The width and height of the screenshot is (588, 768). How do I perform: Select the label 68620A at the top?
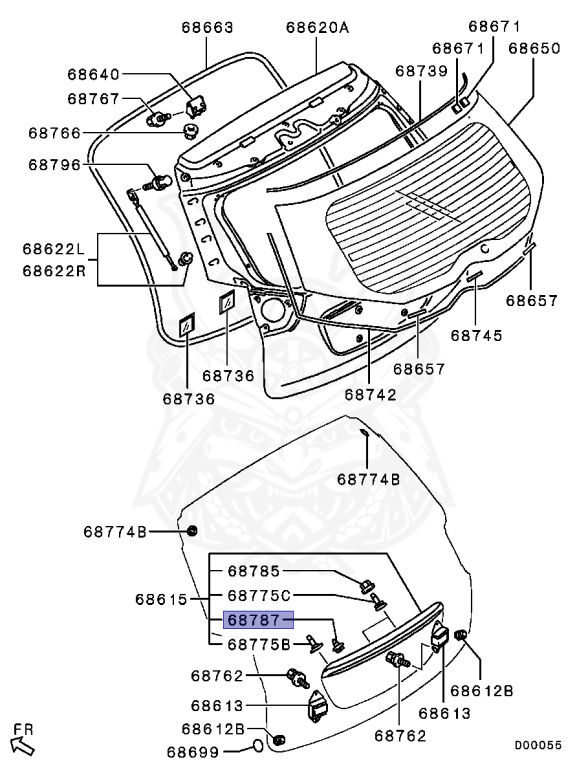317,28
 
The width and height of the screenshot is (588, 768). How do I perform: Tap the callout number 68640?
93,74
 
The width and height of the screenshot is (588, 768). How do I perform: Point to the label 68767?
93,99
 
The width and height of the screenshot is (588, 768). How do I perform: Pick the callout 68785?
255,572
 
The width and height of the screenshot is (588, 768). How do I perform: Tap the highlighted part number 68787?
255,621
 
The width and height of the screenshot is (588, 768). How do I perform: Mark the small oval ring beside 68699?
257,746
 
